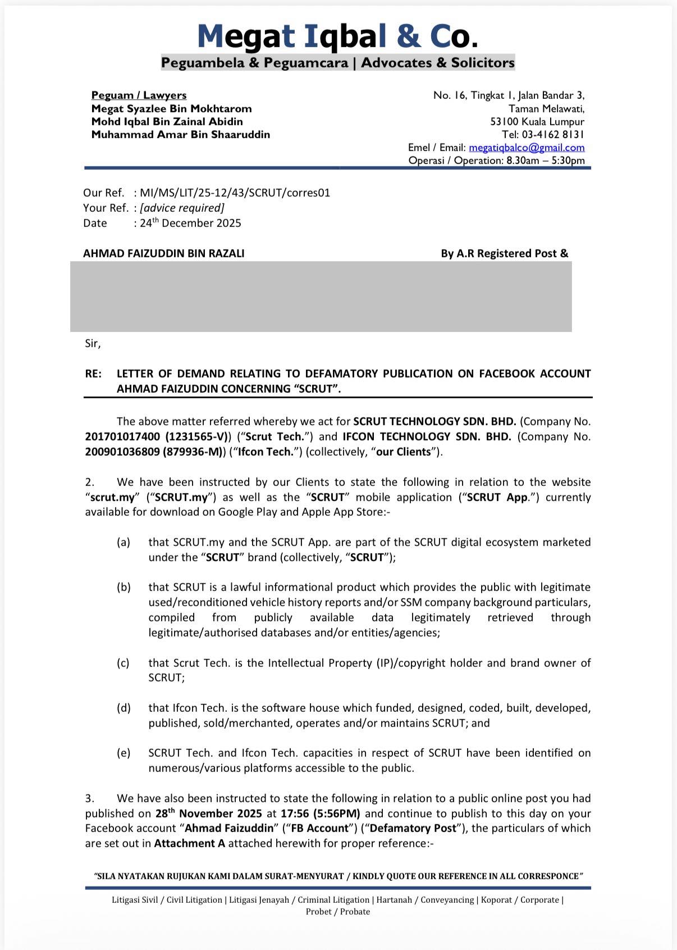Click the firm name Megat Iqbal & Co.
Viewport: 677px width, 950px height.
pyautogui.click(x=338, y=36)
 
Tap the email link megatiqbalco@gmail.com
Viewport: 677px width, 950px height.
pyautogui.click(x=527, y=148)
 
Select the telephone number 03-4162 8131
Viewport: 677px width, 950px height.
pyautogui.click(x=553, y=134)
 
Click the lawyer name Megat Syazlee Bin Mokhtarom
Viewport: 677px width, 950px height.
pyautogui.click(x=171, y=108)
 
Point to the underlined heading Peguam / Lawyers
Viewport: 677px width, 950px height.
pyautogui.click(x=139, y=96)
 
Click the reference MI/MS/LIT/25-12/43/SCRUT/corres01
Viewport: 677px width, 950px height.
pyautogui.click(x=235, y=193)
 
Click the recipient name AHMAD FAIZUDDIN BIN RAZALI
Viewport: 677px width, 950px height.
pyautogui.click(x=163, y=253)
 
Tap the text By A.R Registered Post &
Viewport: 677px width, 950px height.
pyautogui.click(x=504, y=253)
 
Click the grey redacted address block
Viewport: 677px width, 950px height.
pyautogui.click(x=321, y=296)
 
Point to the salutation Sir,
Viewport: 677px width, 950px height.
pyautogui.click(x=93, y=343)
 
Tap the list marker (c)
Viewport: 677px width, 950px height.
pyautogui.click(x=123, y=663)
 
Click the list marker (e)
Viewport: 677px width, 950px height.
pyautogui.click(x=123, y=753)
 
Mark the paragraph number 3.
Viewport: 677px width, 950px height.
pyautogui.click(x=90, y=798)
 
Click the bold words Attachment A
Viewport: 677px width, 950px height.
pyautogui.click(x=189, y=843)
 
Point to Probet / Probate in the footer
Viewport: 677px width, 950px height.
pyautogui.click(x=338, y=912)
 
